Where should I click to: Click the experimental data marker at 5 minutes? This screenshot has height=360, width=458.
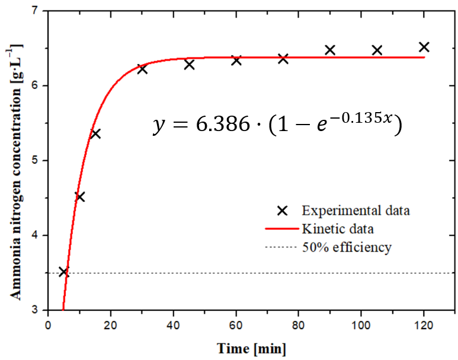click(x=64, y=272)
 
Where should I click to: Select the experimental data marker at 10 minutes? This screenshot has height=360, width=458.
click(x=80, y=196)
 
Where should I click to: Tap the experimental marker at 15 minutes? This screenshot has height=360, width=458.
click(x=95, y=133)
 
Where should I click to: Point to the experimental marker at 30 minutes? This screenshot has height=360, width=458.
click(x=142, y=69)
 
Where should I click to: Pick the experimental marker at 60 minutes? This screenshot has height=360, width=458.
click(x=236, y=60)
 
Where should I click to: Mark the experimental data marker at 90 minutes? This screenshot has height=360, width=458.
click(x=330, y=50)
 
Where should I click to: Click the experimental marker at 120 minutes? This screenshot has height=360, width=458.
click(x=424, y=47)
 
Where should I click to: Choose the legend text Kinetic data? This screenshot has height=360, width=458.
click(x=337, y=228)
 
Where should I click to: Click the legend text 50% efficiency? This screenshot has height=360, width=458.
click(x=346, y=247)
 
